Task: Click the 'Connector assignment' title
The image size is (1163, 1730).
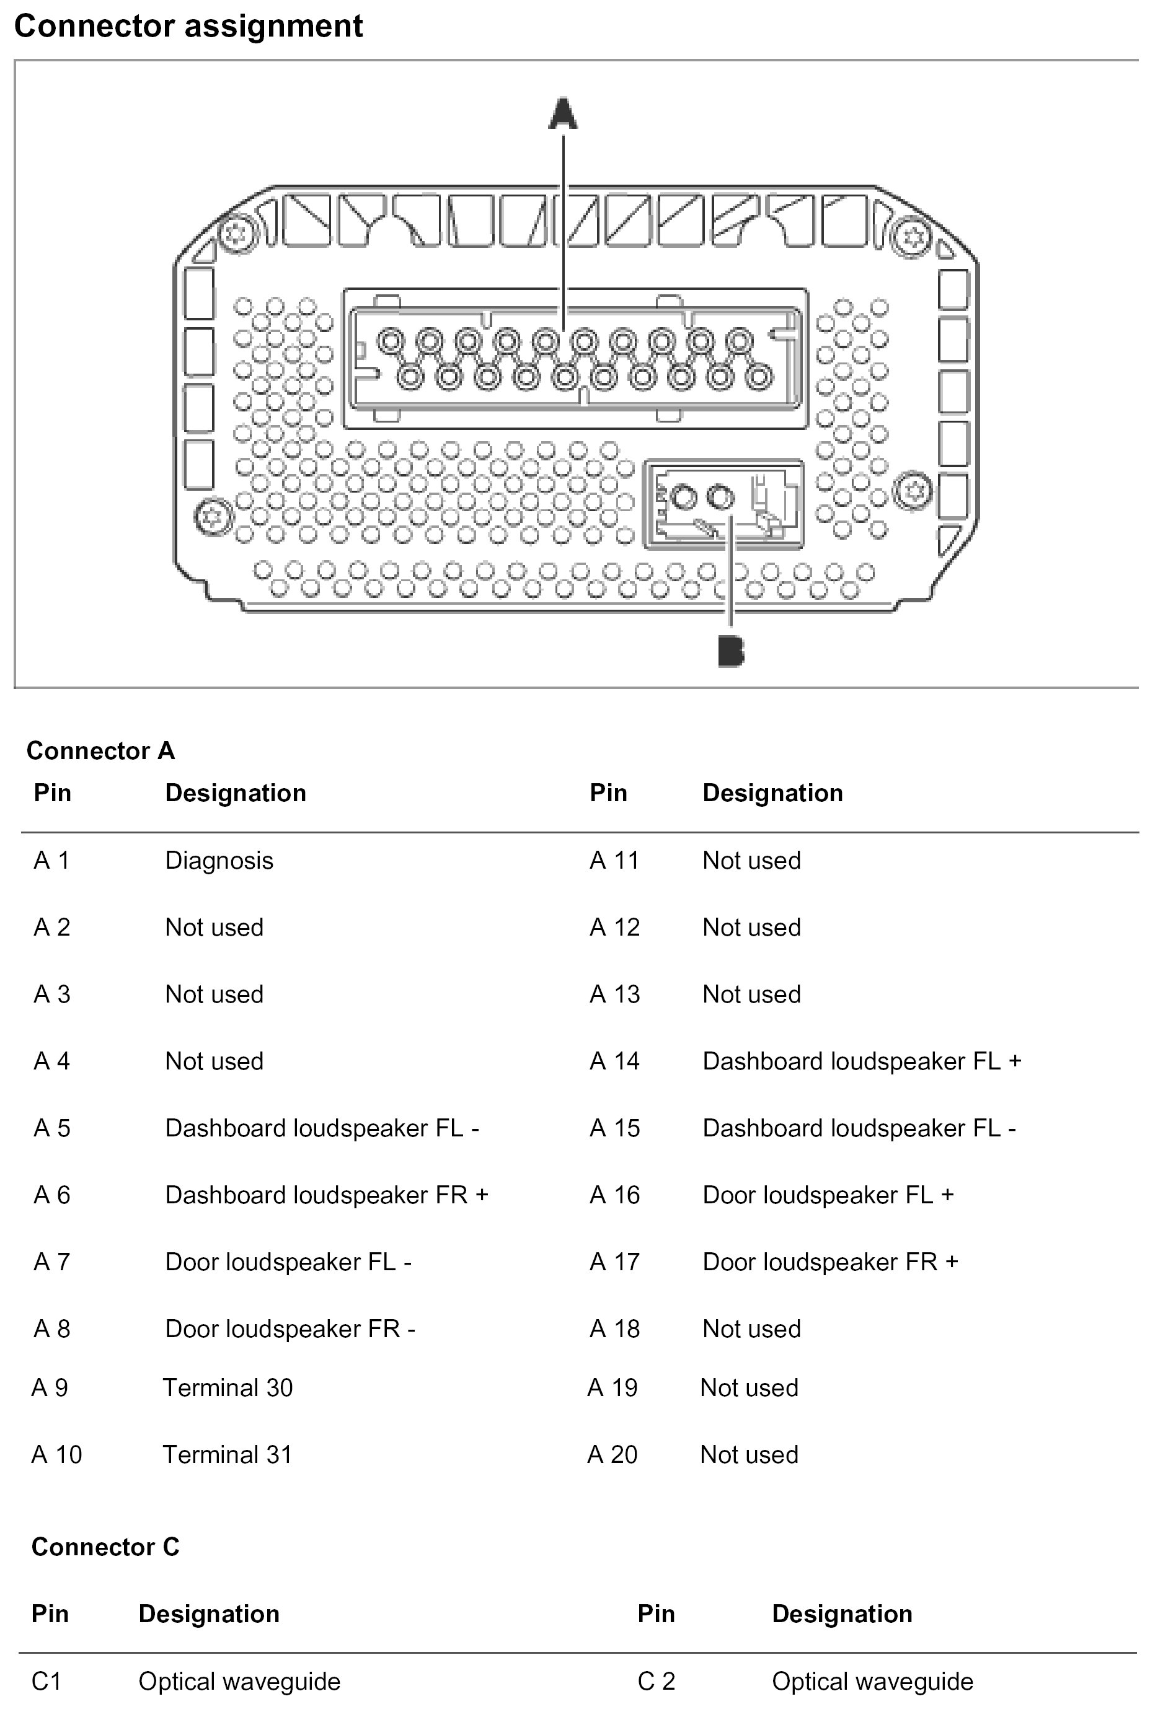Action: (x=188, y=27)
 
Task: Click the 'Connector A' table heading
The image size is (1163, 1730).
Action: (x=101, y=751)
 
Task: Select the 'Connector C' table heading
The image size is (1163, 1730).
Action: (x=105, y=1547)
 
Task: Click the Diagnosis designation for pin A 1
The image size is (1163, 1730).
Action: (x=219, y=861)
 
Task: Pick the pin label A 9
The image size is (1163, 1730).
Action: (x=50, y=1387)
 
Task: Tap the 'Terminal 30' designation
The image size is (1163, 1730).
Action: (x=228, y=1387)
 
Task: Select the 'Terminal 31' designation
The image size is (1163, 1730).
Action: (x=227, y=1454)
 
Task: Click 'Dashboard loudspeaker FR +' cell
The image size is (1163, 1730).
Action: (x=326, y=1195)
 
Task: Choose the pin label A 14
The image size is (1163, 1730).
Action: (x=614, y=1061)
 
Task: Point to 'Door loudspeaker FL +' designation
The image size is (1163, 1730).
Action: (x=828, y=1195)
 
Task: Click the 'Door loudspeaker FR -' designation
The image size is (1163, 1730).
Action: (x=290, y=1329)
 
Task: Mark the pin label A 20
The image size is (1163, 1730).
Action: (x=612, y=1454)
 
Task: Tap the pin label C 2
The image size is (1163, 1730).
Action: (x=657, y=1681)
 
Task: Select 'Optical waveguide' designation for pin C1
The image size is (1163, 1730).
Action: (x=239, y=1681)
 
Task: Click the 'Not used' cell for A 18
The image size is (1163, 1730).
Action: (x=751, y=1329)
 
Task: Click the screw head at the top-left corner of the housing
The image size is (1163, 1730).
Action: (x=235, y=234)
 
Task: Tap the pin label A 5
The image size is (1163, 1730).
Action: (x=52, y=1128)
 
